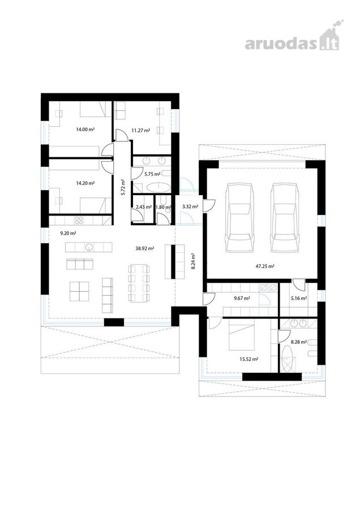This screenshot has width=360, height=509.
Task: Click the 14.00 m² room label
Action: [x=85, y=129]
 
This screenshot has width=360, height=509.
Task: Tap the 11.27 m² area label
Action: [x=140, y=131]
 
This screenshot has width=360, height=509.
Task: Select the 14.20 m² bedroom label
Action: [x=85, y=183]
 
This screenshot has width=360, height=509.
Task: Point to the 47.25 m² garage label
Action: [x=265, y=266]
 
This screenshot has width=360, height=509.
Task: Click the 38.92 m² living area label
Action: [x=144, y=248]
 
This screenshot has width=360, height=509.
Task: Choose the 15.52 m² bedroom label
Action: [x=249, y=359]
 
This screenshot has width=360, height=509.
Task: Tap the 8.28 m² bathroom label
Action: [x=299, y=342]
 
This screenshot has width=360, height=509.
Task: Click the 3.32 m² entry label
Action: [x=190, y=206]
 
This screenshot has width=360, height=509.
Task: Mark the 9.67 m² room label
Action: [x=242, y=298]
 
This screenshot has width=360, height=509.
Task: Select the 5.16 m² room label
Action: [x=299, y=298]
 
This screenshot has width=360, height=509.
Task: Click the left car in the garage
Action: [x=240, y=217]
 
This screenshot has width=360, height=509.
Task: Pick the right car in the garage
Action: [x=285, y=217]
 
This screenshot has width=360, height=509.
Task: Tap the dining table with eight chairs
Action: [x=139, y=283]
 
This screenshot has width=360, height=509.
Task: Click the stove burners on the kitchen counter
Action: [x=79, y=221]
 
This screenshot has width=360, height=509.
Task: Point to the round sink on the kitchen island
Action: [x=89, y=247]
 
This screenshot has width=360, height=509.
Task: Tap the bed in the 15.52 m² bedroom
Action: [x=242, y=334]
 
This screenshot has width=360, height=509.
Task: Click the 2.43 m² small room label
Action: [x=144, y=207]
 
